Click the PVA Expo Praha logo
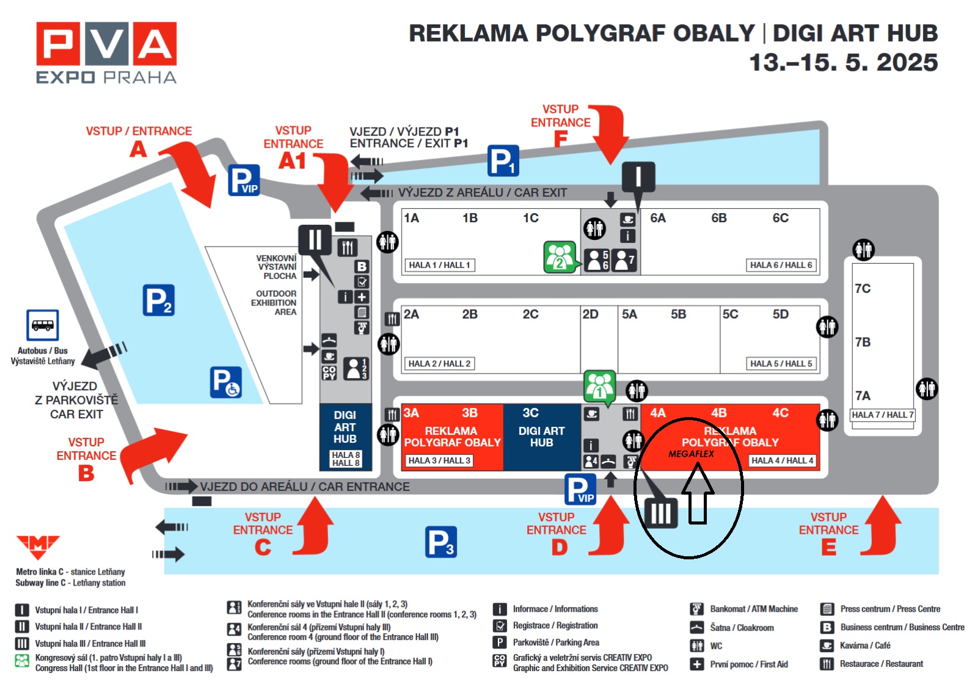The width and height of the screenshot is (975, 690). pos(106,53)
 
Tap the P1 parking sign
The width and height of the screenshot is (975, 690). pos(503,161)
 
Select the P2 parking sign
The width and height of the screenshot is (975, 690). pos(159,300)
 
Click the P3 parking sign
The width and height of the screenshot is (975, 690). pos(440,542)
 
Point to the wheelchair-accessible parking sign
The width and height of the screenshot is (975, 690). pos(226,383)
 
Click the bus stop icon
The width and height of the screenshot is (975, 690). pos(43,325)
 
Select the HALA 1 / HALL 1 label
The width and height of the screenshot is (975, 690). pos(439,265)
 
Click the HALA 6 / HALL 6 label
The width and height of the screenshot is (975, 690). pos(781,265)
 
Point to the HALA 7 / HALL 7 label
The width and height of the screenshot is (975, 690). pos(882,415)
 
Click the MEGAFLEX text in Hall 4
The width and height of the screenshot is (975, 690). pos(691,454)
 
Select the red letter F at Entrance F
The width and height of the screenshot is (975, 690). pos(560,140)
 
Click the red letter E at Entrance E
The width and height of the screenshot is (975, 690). pos(828,547)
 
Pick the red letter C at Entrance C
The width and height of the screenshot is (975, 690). pos(263,547)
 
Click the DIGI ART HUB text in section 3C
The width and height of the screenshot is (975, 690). pos(541,437)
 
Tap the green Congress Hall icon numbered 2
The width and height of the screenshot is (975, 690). pos(560,256)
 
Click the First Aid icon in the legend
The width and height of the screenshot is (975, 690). pos(697,664)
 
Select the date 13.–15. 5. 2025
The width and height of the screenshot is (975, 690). pos(843,62)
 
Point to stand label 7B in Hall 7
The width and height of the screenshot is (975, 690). pos(863,342)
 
